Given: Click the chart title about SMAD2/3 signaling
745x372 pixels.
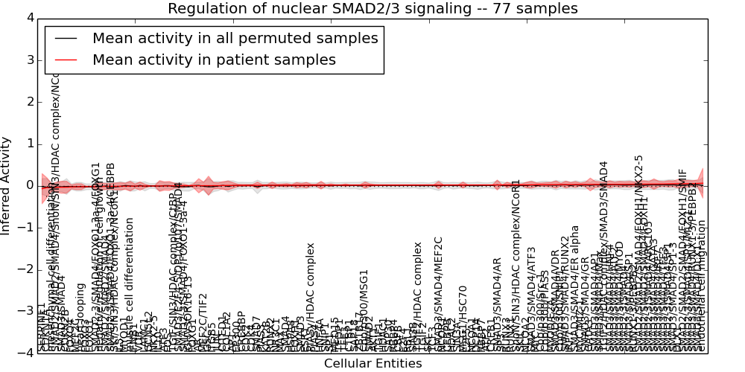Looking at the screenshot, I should coord(372,9).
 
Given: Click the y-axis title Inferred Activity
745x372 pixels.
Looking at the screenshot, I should coord(7,185).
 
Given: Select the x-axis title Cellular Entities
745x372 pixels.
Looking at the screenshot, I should coord(372,364).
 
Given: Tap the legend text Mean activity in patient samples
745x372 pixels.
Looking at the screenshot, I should coord(214,60).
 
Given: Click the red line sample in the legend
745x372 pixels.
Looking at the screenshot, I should coord(65,60).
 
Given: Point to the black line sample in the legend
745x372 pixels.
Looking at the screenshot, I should coord(65,38).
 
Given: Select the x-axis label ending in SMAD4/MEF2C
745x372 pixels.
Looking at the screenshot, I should coord(439,294).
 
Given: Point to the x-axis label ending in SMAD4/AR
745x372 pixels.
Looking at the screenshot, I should coord(498,305).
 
